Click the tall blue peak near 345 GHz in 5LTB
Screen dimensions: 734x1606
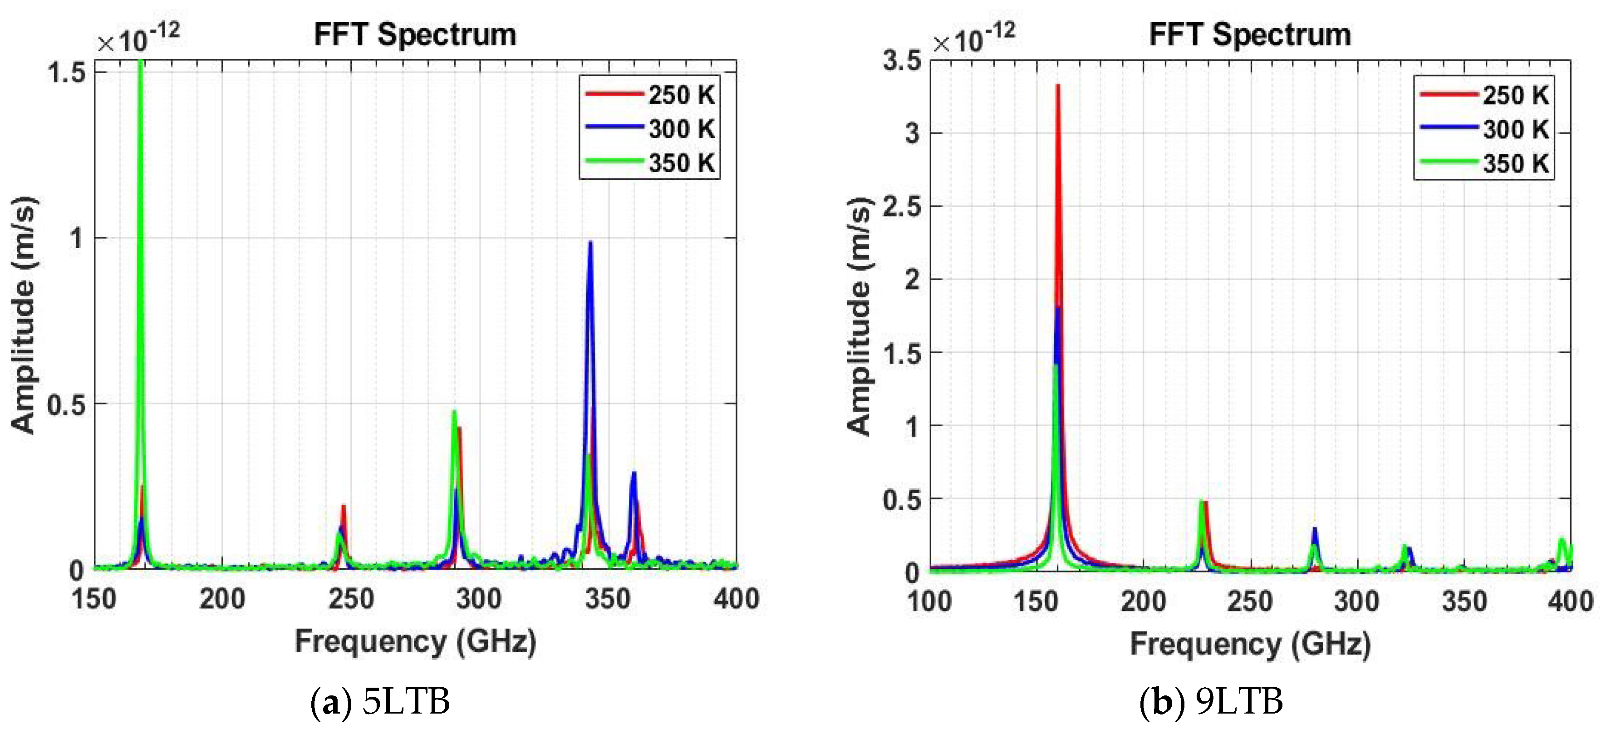pos(590,245)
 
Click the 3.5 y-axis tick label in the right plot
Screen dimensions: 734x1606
pos(902,61)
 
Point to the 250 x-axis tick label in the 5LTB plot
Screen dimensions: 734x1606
pos(351,599)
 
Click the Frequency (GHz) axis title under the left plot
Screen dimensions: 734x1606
pos(415,641)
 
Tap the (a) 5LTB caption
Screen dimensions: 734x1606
pos(380,702)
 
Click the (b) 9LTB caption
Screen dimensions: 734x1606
pos(1211,702)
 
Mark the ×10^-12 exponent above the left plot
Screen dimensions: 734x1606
pos(138,39)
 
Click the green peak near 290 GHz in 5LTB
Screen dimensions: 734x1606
pos(454,413)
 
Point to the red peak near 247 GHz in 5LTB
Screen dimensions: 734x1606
pos(343,507)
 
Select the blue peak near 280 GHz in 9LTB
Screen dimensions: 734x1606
pos(1315,530)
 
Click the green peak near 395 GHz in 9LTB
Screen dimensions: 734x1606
pos(1562,541)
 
